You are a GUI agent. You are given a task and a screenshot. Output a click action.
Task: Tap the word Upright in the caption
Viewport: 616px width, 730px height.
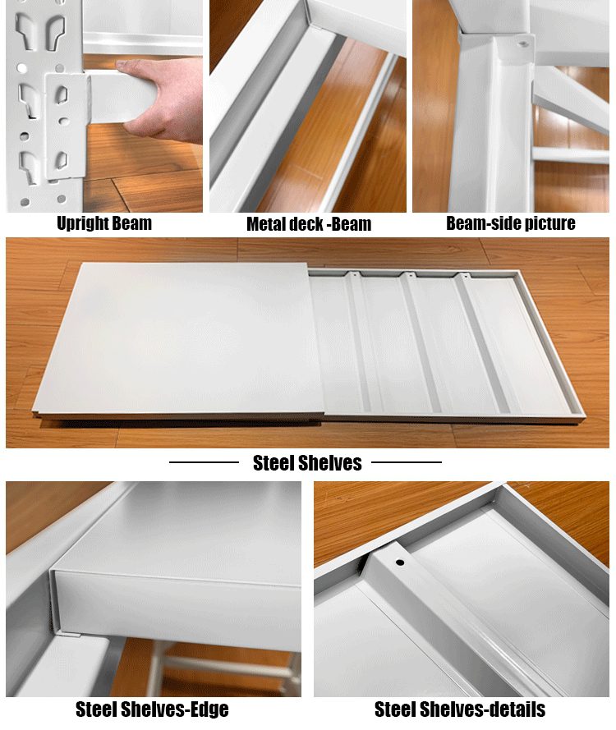(x=83, y=223)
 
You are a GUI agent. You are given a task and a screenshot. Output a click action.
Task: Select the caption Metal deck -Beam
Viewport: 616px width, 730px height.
(x=309, y=224)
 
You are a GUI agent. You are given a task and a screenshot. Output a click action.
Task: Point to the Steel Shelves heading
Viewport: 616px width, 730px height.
(x=307, y=463)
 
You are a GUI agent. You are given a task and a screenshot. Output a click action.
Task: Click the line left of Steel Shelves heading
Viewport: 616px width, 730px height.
(x=204, y=462)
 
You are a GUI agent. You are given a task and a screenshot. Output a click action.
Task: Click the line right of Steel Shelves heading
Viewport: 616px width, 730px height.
(x=407, y=462)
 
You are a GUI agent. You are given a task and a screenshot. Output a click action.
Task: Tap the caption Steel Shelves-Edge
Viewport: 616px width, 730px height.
(x=152, y=709)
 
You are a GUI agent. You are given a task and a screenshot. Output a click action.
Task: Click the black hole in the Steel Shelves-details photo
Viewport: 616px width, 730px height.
(x=399, y=562)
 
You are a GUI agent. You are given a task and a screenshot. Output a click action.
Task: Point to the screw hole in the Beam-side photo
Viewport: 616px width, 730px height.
(x=523, y=44)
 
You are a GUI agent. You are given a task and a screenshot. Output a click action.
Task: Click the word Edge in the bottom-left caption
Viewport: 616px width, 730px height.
(x=209, y=709)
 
